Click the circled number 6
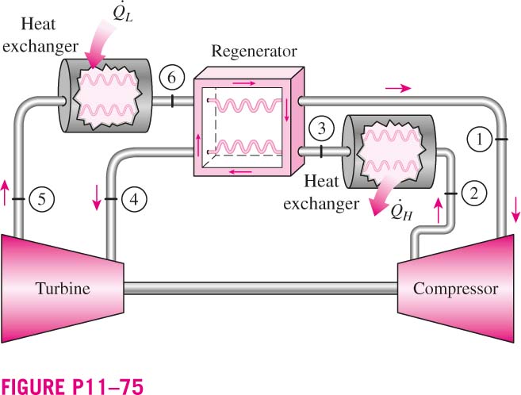[171, 78]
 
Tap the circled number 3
[321, 128]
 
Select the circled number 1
[480, 140]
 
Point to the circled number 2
[474, 194]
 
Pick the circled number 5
[41, 199]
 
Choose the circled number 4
[134, 199]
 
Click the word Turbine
[63, 289]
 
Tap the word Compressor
[455, 289]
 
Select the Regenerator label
[255, 52]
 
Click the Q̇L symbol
[123, 13]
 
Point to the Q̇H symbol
[401, 210]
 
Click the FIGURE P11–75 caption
[72, 387]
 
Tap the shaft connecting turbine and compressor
[260, 289]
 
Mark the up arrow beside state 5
[5, 193]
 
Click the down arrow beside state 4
[97, 197]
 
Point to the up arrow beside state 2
[439, 210]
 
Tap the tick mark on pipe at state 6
[172, 101]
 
